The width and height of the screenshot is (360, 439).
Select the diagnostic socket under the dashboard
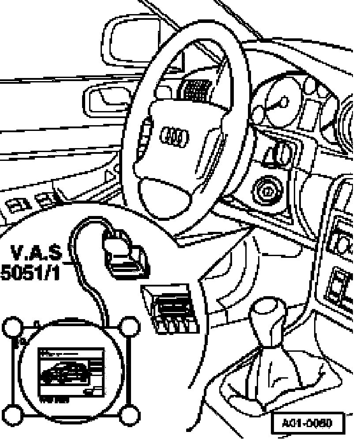[x=170, y=306]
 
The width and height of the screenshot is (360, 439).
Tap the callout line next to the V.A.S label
[x=71, y=264]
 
